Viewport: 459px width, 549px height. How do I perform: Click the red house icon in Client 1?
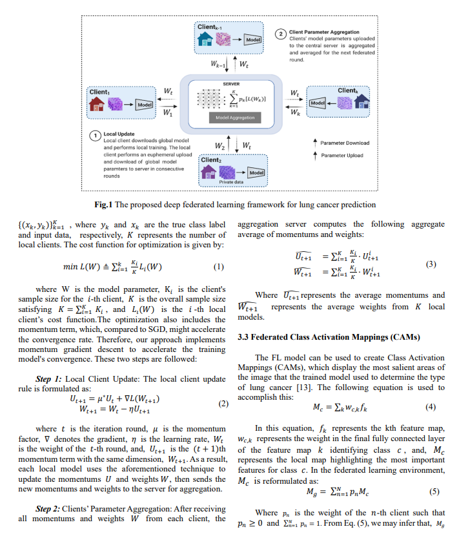tap(97, 104)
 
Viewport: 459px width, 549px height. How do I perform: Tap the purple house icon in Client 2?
tap(209, 172)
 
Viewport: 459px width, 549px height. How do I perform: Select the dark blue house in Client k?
tap(362, 101)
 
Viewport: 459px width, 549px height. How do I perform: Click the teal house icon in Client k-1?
tap(205, 39)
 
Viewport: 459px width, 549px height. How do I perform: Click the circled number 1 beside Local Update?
tap(95, 136)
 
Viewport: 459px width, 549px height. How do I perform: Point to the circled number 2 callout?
tap(281, 34)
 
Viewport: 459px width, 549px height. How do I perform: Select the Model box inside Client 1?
tap(145, 105)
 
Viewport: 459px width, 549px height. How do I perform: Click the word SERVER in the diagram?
tap(231, 84)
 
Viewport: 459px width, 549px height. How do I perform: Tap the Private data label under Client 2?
tap(231, 182)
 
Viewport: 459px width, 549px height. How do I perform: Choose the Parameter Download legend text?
tap(345, 143)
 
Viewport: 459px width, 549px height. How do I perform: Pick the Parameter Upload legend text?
tap(342, 156)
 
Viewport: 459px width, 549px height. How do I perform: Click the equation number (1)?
tap(219, 267)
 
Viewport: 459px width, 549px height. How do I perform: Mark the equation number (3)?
tap(431, 264)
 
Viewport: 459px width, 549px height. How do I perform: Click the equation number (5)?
tap(434, 492)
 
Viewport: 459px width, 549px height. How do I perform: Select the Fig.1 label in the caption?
tap(103, 205)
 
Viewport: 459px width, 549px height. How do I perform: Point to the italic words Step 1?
tap(48, 379)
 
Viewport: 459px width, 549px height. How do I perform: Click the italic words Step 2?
tap(48, 509)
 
